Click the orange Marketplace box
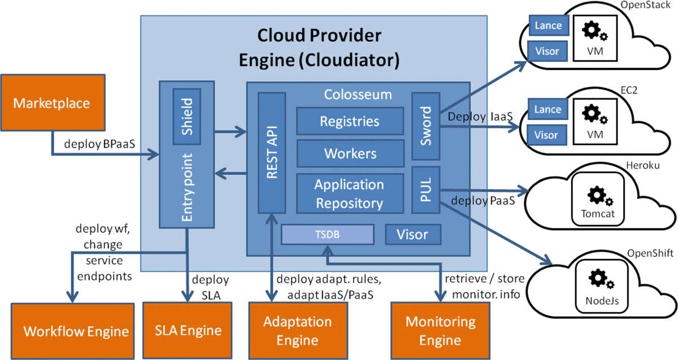point(52,103)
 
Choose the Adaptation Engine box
point(298,331)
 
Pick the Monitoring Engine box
point(440,331)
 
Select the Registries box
point(350,122)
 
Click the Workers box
point(350,153)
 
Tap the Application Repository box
point(350,193)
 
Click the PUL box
point(425,189)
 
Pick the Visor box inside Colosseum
point(412,235)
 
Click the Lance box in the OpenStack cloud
point(548,25)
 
